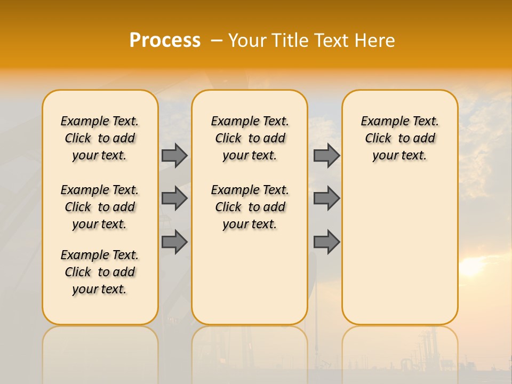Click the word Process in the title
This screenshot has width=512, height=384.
pyautogui.click(x=165, y=41)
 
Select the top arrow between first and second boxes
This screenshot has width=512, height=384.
pyautogui.click(x=174, y=155)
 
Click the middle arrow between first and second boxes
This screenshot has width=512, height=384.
pyautogui.click(x=174, y=198)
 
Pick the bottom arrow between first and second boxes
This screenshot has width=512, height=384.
pyautogui.click(x=174, y=242)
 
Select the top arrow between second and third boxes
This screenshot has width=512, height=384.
pyautogui.click(x=326, y=155)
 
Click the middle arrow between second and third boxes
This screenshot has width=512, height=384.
pyautogui.click(x=326, y=198)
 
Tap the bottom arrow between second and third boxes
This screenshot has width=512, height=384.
pyautogui.click(x=326, y=242)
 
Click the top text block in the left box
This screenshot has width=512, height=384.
pyautogui.click(x=100, y=138)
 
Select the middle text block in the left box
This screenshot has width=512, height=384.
pyautogui.click(x=100, y=207)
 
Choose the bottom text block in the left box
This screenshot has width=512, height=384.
pyautogui.click(x=100, y=272)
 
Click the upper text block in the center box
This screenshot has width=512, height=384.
pyautogui.click(x=250, y=138)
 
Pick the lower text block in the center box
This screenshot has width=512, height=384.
pyautogui.click(x=250, y=207)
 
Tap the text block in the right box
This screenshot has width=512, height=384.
pyautogui.click(x=399, y=138)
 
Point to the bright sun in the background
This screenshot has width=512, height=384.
pyautogui.click(x=471, y=266)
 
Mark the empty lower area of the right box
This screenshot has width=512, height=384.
pyautogui.click(x=399, y=245)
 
